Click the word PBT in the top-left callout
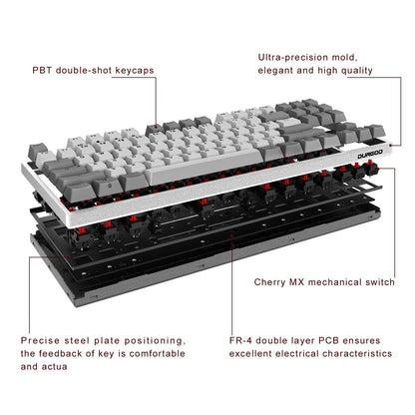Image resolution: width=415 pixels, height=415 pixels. [x=42, y=73]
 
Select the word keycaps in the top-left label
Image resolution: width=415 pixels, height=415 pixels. [x=133, y=73]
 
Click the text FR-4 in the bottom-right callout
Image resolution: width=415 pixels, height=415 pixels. [x=267, y=341]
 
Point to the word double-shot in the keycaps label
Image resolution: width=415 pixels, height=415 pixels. [x=82, y=73]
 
